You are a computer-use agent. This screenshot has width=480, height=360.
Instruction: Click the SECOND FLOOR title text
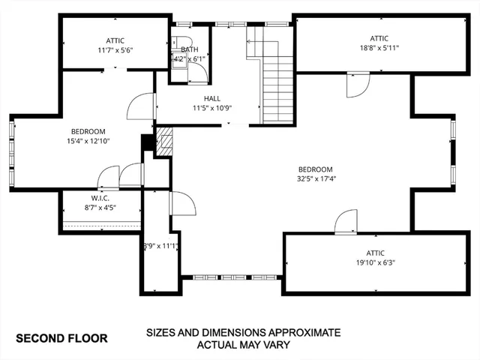[x=61, y=338]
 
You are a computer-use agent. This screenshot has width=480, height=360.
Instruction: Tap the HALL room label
[x=212, y=98]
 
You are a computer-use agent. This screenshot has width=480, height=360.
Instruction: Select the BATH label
[x=190, y=49]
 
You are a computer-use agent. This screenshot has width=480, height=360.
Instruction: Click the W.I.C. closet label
[x=100, y=198]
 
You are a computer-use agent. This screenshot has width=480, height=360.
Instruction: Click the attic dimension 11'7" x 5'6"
[x=115, y=50]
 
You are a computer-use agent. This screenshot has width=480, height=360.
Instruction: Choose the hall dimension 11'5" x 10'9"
[x=212, y=108]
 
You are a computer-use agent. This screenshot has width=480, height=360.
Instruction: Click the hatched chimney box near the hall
[x=163, y=140]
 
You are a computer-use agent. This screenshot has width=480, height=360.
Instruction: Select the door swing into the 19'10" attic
[x=346, y=222]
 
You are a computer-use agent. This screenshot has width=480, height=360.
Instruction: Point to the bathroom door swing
[x=199, y=72]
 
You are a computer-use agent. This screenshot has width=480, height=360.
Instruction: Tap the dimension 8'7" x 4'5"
[x=100, y=207]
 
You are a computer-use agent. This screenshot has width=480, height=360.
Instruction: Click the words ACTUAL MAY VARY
[x=243, y=346]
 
